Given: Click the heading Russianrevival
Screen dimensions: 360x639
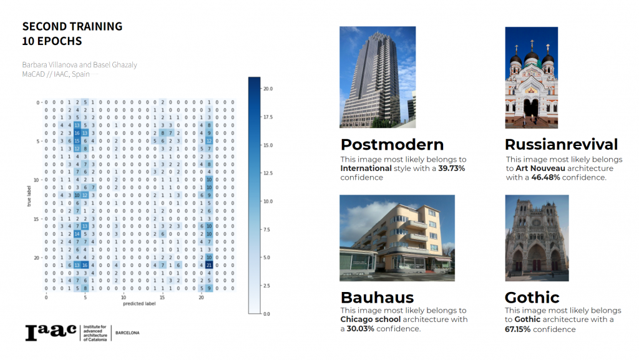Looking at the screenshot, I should pyautogui.click(x=561, y=145).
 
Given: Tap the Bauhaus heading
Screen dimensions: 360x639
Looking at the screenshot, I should pyautogui.click(x=377, y=296).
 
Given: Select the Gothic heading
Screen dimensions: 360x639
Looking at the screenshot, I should pyautogui.click(x=532, y=296).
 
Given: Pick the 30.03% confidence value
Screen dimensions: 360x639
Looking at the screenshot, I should pyautogui.click(x=361, y=329).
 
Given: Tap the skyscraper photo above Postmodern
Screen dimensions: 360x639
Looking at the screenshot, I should pyautogui.click(x=377, y=77).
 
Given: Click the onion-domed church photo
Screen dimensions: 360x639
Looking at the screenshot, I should pyautogui.click(x=531, y=77).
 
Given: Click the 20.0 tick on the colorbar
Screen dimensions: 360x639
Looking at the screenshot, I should pyautogui.click(x=268, y=89).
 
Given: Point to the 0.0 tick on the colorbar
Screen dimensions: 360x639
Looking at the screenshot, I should pyautogui.click(x=267, y=313).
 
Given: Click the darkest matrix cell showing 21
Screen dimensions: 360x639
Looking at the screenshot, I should pyautogui.click(x=210, y=265).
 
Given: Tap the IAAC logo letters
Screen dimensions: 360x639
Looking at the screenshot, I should pyautogui.click(x=51, y=333).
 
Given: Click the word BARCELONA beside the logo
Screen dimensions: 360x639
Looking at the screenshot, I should pyautogui.click(x=127, y=333).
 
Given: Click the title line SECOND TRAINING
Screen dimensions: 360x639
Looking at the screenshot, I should pyautogui.click(x=72, y=27).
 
